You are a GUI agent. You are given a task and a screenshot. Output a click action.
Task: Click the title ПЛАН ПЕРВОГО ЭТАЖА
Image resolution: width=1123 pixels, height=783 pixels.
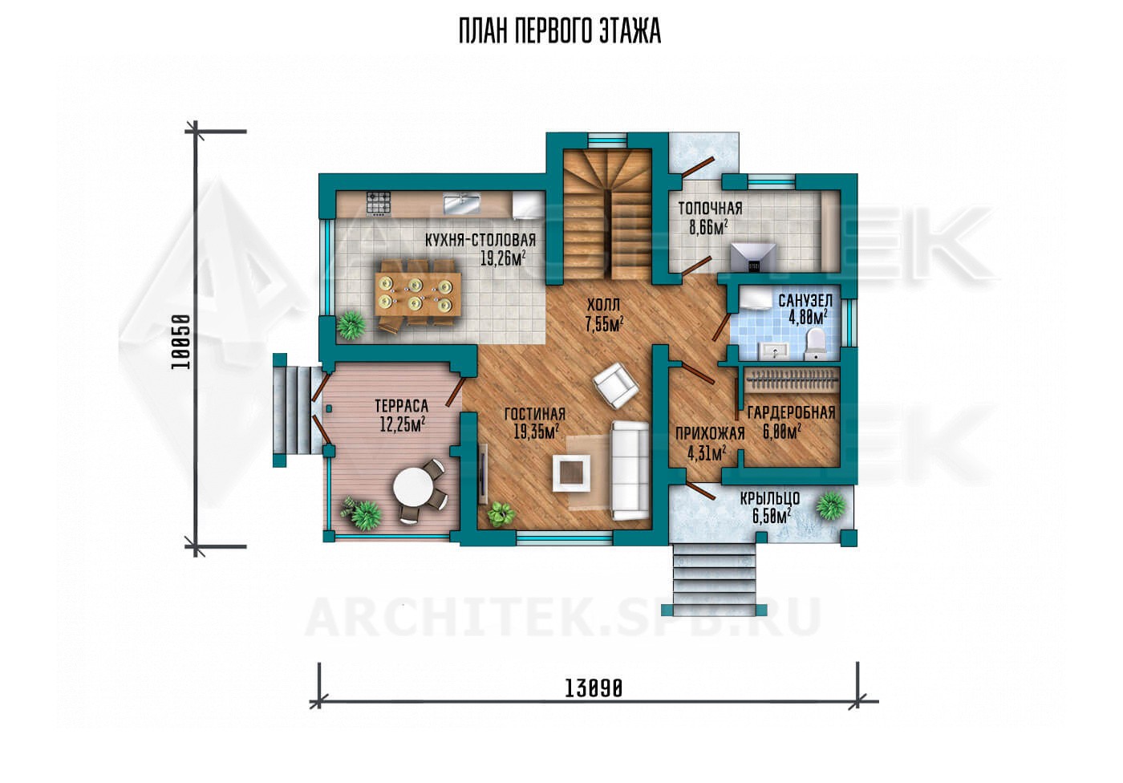tap(560, 31)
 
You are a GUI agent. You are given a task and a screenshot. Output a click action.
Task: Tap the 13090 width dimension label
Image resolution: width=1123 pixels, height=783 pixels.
tap(594, 689)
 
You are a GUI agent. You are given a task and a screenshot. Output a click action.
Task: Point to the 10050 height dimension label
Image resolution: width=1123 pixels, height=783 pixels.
tap(181, 342)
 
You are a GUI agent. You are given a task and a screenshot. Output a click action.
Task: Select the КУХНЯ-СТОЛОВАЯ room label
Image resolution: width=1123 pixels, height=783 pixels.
tap(480, 240)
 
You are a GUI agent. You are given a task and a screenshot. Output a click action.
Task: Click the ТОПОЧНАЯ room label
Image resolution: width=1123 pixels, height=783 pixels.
tap(710, 208)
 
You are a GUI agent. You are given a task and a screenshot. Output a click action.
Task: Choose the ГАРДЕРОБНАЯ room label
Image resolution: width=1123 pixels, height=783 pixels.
tap(791, 412)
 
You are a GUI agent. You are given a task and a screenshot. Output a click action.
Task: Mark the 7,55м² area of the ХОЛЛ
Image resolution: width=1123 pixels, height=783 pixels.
tap(604, 324)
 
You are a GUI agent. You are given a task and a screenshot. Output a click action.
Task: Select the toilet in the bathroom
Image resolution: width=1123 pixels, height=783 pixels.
tap(815, 344)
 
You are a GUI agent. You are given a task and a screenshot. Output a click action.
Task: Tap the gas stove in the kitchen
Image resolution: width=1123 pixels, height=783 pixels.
tap(379, 204)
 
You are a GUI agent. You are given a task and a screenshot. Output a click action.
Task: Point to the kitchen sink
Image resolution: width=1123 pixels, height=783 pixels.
tap(462, 205)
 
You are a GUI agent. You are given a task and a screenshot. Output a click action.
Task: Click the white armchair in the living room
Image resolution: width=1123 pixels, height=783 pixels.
tap(615, 385)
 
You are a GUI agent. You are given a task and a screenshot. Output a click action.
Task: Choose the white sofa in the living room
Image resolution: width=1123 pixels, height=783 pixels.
tap(630, 471)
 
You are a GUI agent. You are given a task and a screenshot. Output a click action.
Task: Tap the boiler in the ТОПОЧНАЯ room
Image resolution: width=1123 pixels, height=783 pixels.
tap(753, 258)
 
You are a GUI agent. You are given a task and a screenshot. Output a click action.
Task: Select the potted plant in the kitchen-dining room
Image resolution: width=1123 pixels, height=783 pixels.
tap(351, 325)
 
